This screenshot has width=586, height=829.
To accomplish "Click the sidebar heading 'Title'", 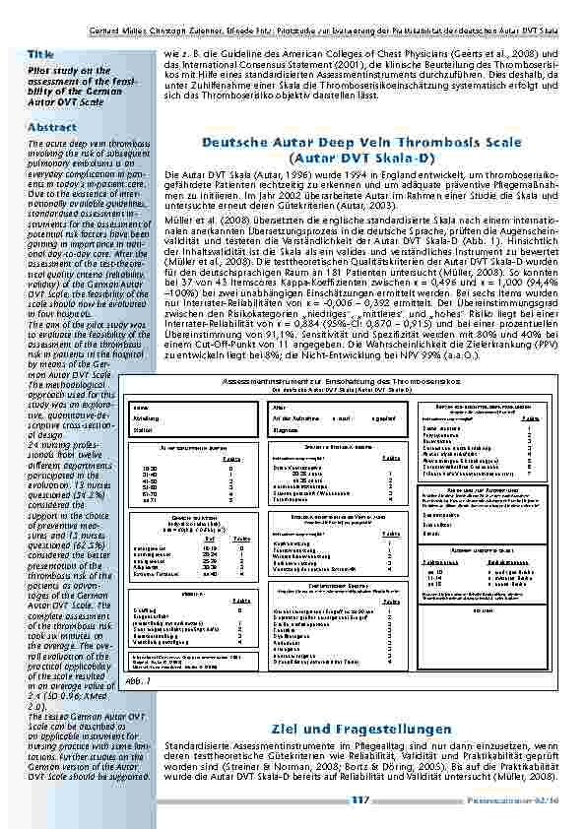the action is [41, 53].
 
